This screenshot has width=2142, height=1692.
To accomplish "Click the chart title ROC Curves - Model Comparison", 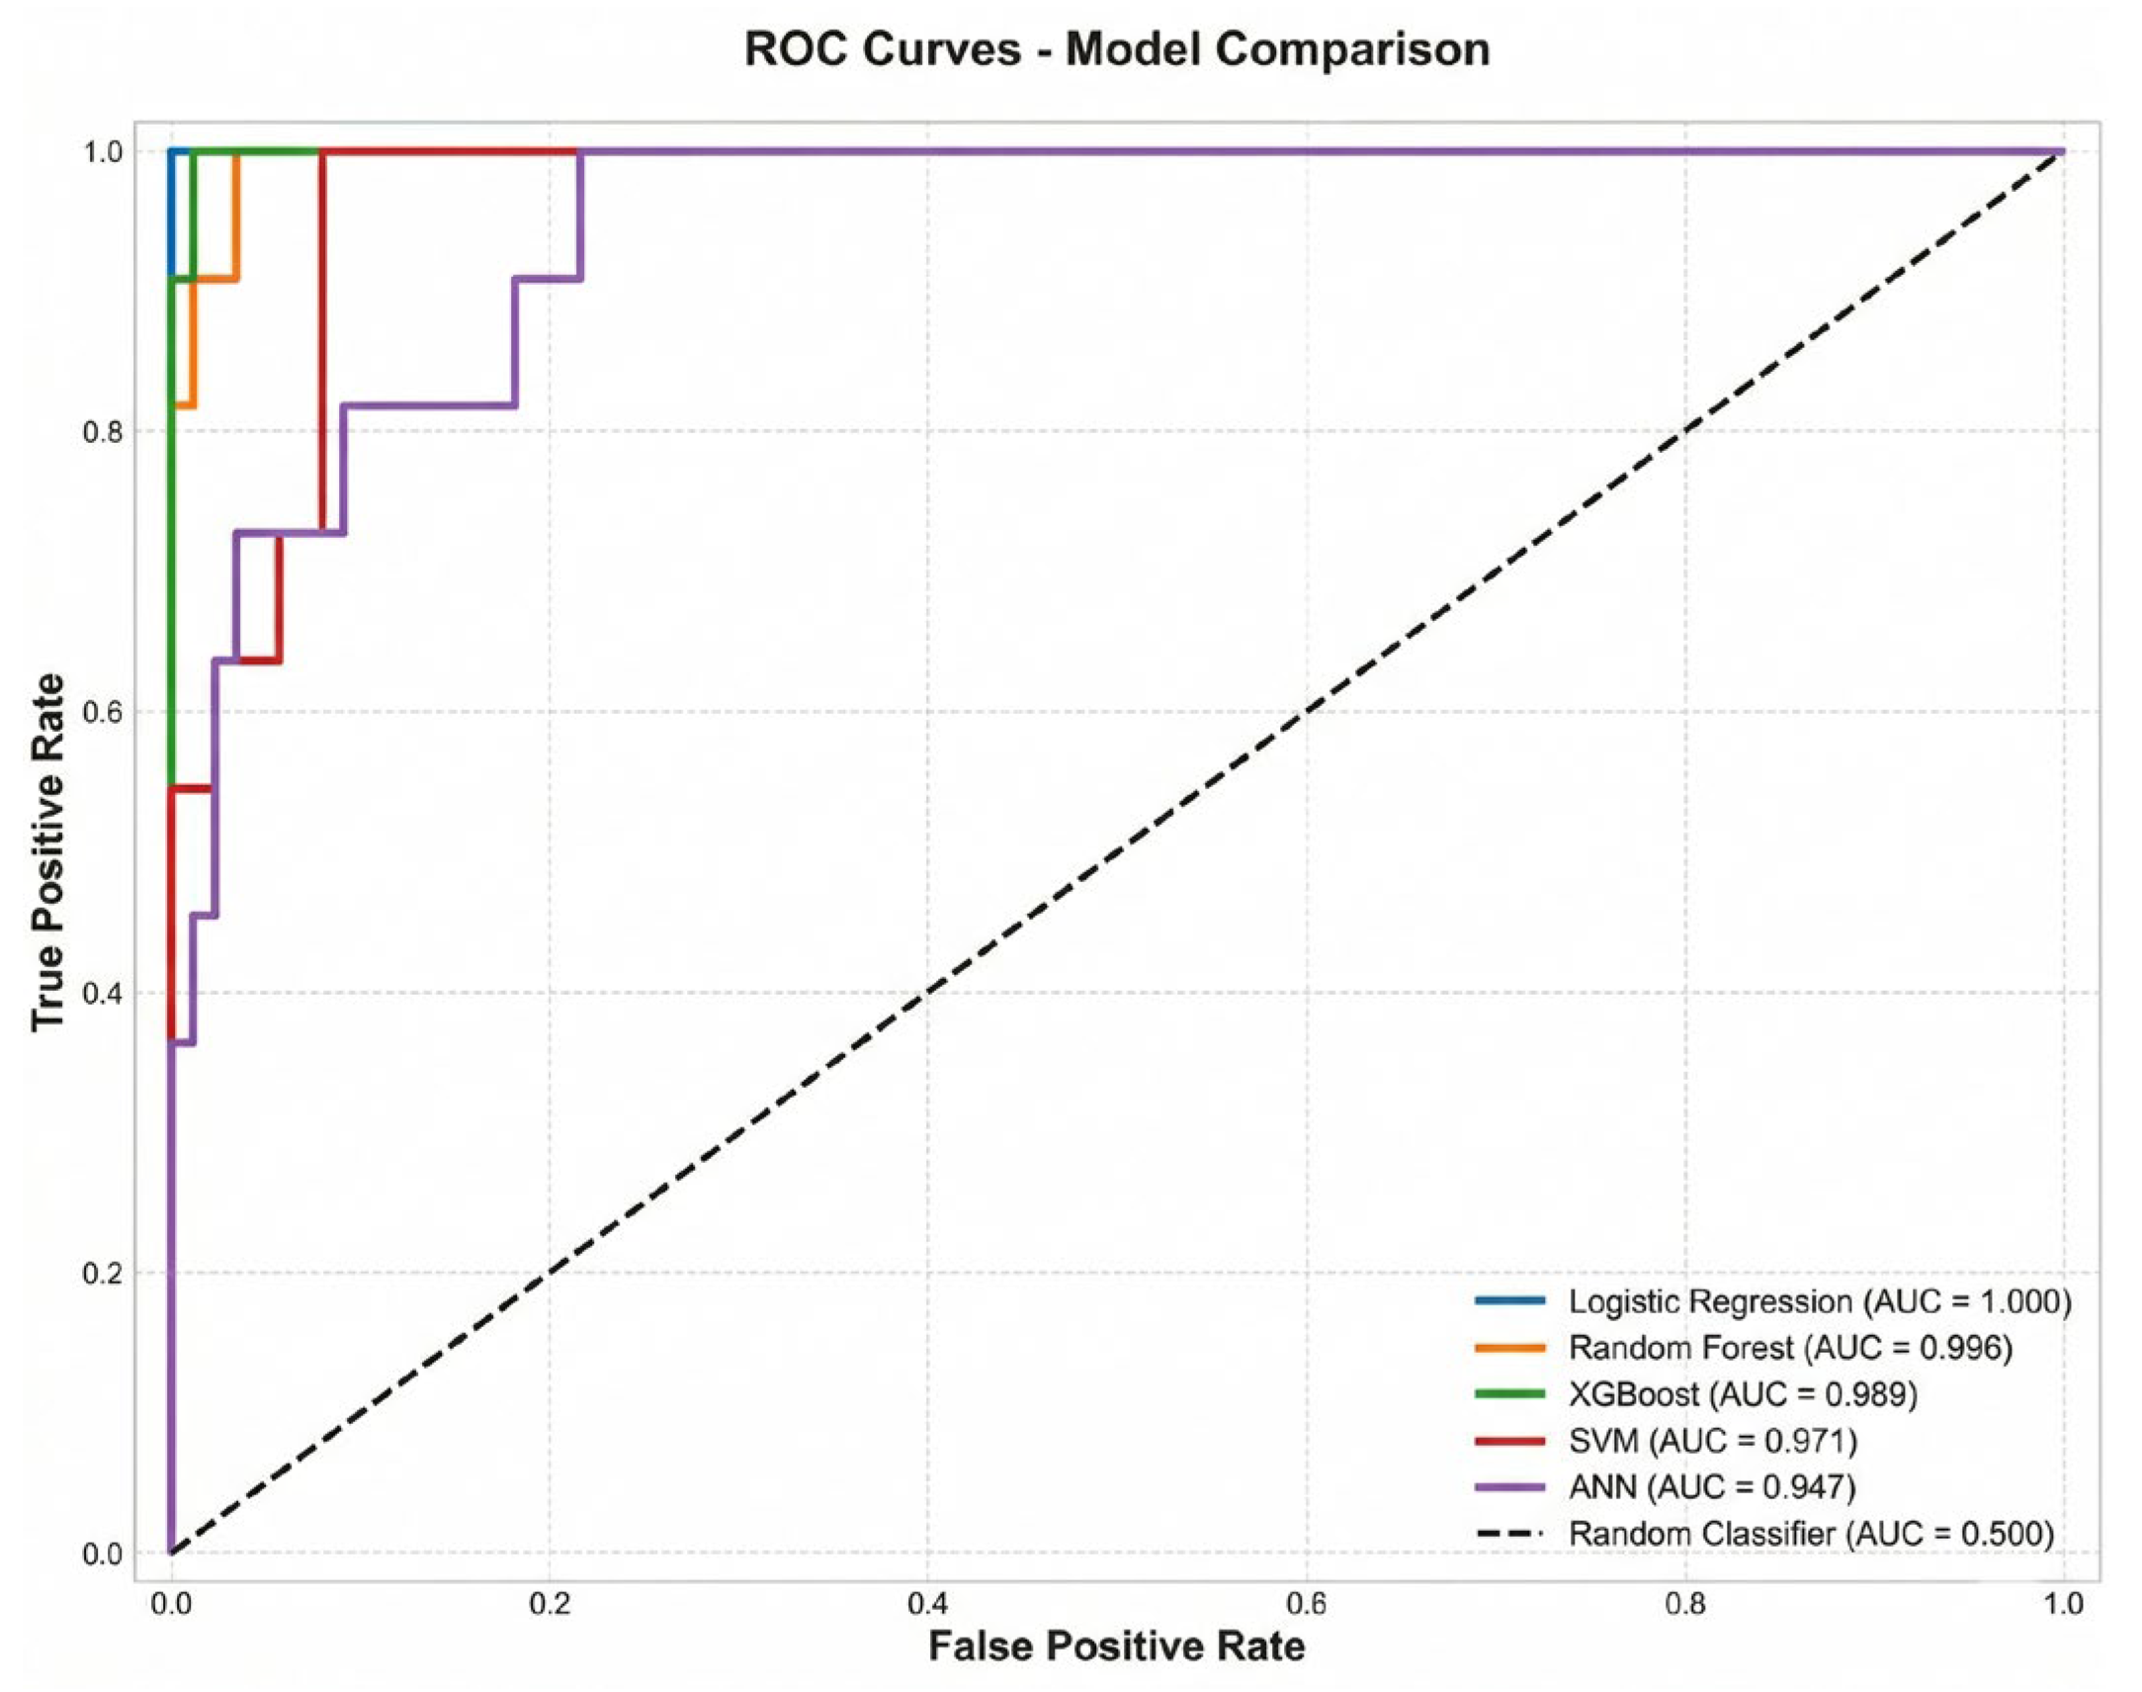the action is pos(1117,49).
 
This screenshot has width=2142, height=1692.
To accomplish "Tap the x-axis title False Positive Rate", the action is pos(1117,1646).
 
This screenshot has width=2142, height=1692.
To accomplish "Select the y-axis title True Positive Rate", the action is pos(47,852).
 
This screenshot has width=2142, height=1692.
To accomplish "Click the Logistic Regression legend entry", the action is pos(1772,1301).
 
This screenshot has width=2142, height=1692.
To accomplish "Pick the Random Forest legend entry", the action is pos(1743,1348).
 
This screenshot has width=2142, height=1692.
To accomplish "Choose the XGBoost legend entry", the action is pos(1695,1394).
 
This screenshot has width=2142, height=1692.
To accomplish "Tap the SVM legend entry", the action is pos(1666,1442).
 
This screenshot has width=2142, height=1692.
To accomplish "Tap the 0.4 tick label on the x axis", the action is pos(928,1602).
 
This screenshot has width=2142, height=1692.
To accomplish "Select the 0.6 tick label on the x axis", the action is pos(1306,1602).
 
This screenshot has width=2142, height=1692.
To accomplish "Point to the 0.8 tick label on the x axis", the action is pos(1685,1602).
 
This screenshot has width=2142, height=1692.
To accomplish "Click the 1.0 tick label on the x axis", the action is pos(2064,1602).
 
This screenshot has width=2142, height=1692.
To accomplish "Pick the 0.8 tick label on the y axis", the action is pos(104,432).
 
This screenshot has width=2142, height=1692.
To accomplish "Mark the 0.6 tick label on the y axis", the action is pos(104,712).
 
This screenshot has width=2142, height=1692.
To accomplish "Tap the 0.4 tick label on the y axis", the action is pos(104,993).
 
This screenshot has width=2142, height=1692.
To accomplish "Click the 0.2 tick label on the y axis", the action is pos(104,1273).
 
